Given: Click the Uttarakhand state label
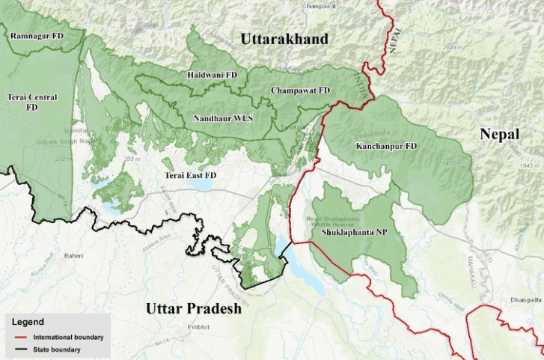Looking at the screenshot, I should (x=284, y=40).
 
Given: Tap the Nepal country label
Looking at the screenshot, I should (x=500, y=134).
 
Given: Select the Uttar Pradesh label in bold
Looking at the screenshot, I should (x=194, y=308).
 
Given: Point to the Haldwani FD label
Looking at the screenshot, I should (x=213, y=76).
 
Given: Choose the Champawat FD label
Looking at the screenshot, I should (x=300, y=90).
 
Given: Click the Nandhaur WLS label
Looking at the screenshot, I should (x=223, y=118).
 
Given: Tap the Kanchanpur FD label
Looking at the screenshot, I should (x=386, y=145).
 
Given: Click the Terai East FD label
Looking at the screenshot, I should (x=191, y=174).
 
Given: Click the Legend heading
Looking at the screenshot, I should (x=28, y=322).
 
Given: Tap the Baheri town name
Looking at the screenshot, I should (x=73, y=256).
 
